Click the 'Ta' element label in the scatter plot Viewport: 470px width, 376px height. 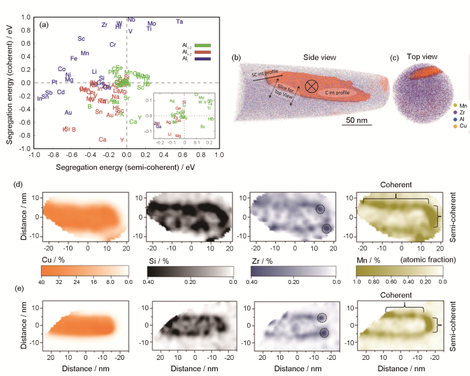(x=179, y=21)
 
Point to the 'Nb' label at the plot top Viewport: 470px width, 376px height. (x=131, y=19)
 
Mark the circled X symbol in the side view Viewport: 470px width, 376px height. (x=312, y=86)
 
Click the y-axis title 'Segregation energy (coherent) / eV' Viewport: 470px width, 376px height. (x=9, y=83)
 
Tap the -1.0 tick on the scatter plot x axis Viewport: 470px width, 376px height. (x=32, y=155)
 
